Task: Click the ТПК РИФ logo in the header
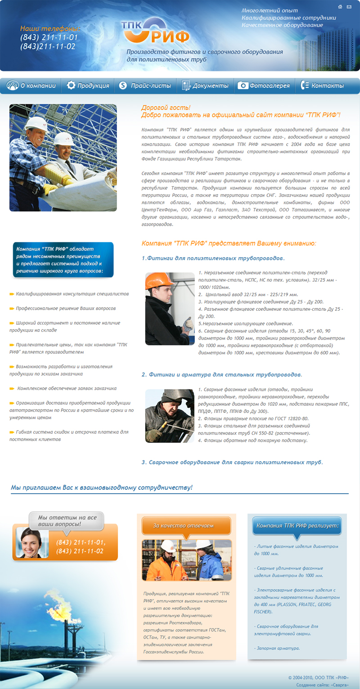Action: (155, 31)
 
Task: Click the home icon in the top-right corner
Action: (341, 7)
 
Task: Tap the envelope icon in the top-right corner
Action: (349, 7)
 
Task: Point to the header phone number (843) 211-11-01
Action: (49, 37)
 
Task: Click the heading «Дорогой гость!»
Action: (166, 108)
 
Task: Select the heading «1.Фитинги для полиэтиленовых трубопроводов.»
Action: (213, 258)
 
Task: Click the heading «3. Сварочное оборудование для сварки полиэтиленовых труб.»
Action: (232, 462)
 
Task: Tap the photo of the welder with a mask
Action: (169, 416)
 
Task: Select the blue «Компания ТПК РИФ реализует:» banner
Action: (297, 525)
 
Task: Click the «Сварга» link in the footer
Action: (340, 685)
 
